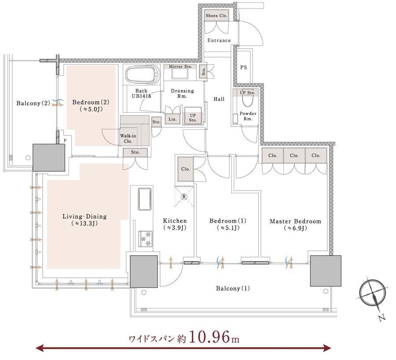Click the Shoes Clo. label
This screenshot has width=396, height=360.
[x=216, y=15]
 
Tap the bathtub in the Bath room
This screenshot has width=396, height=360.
[x=143, y=75]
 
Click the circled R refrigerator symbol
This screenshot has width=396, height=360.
[x=184, y=196]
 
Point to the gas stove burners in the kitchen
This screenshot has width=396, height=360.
[x=146, y=239]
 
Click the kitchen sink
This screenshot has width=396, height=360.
[x=145, y=199]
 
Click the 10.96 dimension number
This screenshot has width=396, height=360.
[x=209, y=337]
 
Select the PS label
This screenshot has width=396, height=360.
[x=243, y=67]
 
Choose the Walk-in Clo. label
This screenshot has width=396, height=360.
[x=128, y=139]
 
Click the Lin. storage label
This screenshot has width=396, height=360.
[x=172, y=119]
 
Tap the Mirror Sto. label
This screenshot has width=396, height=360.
[x=180, y=66]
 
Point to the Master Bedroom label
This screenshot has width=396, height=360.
[x=295, y=221]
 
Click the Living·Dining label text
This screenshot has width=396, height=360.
[x=84, y=217]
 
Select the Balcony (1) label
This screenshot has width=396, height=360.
[x=233, y=288]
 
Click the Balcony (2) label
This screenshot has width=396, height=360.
[x=33, y=103]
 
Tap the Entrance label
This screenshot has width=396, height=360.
[x=219, y=40]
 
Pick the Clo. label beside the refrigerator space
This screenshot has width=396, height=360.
[x=186, y=169]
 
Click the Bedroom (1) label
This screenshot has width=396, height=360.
[x=228, y=221]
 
